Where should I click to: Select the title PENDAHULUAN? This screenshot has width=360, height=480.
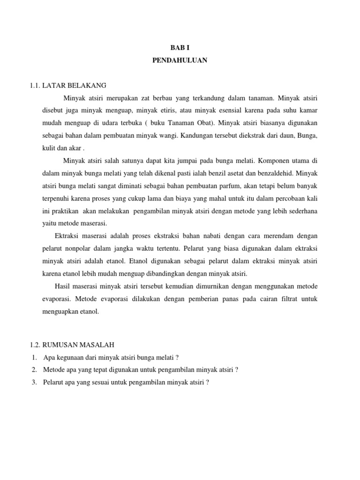coord(180,60)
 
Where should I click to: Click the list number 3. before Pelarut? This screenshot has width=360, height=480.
coord(35,382)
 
